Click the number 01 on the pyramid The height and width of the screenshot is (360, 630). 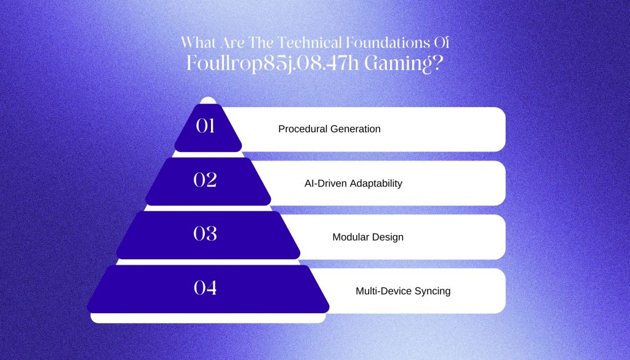click(x=205, y=126)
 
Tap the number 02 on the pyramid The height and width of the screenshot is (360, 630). click(x=205, y=180)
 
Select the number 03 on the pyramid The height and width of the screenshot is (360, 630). click(x=205, y=233)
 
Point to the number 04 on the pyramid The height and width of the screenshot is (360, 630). click(x=205, y=287)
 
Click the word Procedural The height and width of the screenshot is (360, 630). click(x=303, y=129)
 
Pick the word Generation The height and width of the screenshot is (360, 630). click(x=355, y=129)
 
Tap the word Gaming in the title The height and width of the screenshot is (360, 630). click(x=398, y=64)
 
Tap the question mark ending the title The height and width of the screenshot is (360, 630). click(x=438, y=63)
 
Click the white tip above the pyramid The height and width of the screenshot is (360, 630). click(x=208, y=100)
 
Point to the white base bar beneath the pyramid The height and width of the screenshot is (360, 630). click(x=208, y=318)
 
